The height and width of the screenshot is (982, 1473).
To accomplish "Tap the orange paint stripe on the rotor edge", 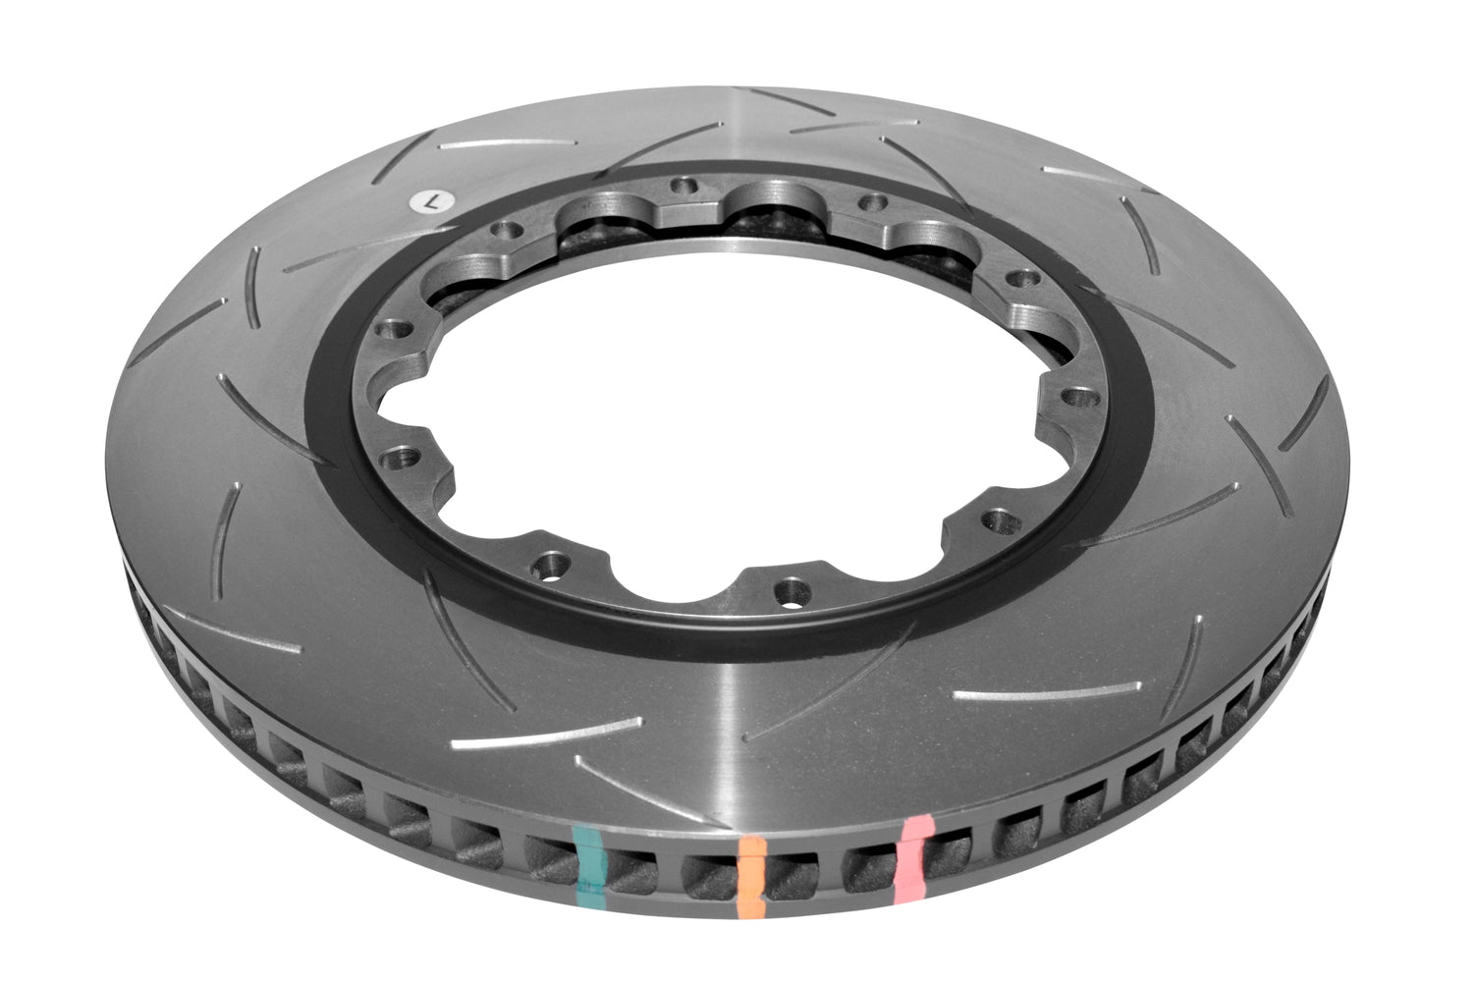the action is point(751,876).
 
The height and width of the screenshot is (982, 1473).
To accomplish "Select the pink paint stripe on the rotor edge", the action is point(911,857).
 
